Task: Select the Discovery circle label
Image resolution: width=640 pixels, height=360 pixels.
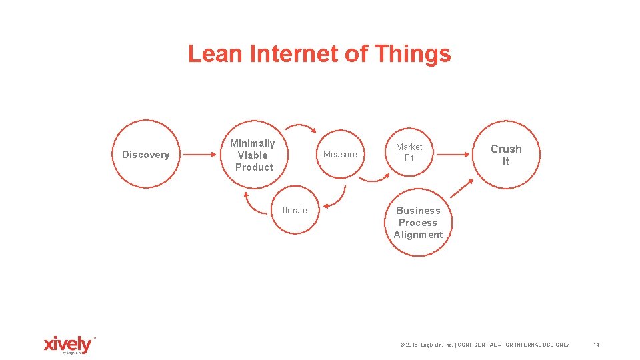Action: [x=145, y=155]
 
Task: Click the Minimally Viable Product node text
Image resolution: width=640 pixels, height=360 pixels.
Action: [x=253, y=155]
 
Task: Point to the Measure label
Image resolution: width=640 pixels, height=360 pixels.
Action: [x=340, y=155]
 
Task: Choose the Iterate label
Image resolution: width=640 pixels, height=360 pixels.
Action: [x=295, y=211]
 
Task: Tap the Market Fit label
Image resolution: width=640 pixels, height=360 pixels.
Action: [x=409, y=152]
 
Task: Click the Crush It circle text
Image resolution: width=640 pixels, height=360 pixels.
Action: [x=506, y=155]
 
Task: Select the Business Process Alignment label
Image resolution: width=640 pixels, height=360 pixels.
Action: [x=418, y=223]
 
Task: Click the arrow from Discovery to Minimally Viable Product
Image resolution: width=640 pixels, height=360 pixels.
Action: [x=200, y=155]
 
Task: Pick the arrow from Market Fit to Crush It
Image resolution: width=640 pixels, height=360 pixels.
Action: [x=453, y=155]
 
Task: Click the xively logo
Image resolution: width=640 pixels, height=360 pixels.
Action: [x=67, y=345]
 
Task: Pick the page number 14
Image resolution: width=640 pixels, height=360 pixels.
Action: [x=596, y=345]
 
